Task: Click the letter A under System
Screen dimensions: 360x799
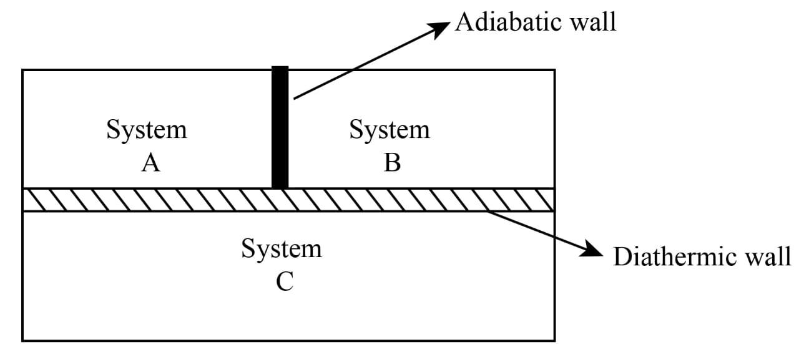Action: coord(150,163)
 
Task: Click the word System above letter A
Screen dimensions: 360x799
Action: coord(147,130)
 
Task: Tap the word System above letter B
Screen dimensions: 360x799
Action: coord(390,130)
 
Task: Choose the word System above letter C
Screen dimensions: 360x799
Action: coord(282,249)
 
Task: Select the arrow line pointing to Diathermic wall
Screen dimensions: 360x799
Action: coord(537,230)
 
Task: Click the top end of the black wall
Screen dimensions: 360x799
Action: coord(280,68)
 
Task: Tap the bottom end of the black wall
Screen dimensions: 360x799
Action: coord(280,185)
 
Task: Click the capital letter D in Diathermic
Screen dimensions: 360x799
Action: coord(622,256)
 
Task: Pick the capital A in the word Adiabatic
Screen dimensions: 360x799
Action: coord(464,22)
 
